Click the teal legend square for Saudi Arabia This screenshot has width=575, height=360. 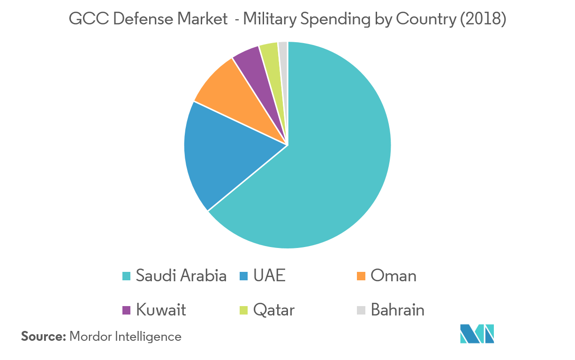126,276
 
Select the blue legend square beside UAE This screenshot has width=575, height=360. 243,276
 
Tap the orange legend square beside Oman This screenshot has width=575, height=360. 361,276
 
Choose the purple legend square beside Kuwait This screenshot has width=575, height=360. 126,310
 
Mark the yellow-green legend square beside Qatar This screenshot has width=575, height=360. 243,310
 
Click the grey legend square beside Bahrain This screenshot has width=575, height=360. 361,310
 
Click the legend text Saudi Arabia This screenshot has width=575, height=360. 181,276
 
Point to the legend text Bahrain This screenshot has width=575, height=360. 398,310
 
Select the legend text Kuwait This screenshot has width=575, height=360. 161,310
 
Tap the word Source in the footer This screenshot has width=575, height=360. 43,337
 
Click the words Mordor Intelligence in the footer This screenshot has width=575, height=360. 125,337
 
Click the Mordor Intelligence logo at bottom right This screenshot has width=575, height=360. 477,334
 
